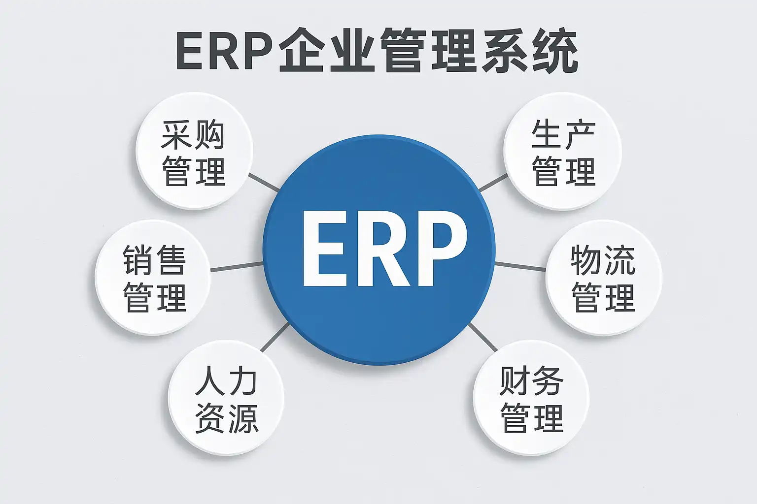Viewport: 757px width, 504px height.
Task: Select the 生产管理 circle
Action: click(563, 151)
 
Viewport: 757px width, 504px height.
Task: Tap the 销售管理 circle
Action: click(153, 278)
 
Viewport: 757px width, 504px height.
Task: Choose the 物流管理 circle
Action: click(603, 278)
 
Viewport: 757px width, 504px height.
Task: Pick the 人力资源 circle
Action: click(226, 398)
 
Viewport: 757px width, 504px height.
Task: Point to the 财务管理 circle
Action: click(531, 398)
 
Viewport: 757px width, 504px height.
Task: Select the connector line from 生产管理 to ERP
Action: click(493, 182)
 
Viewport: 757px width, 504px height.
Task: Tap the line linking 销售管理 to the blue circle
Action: click(237, 267)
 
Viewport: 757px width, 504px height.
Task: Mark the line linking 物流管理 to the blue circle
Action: click(520, 266)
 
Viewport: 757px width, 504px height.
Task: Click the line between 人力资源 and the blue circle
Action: click(275, 337)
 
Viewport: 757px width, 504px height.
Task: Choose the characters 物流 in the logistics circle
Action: click(603, 260)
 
